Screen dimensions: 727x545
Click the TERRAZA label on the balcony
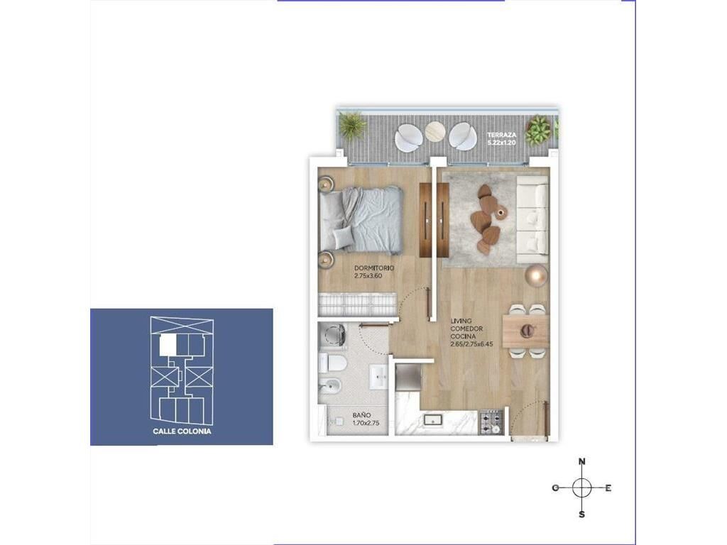[502, 135]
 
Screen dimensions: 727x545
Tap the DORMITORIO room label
[374, 268]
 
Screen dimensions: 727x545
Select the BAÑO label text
[361, 416]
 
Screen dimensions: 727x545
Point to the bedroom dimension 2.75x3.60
[368, 276]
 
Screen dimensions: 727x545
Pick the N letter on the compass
[582, 461]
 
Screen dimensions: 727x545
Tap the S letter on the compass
[582, 514]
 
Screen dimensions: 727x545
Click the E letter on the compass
[608, 488]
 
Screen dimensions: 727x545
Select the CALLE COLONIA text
[182, 431]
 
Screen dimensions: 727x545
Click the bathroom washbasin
[379, 377]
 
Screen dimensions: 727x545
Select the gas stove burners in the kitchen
[491, 422]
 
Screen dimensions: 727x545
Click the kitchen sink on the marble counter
[433, 420]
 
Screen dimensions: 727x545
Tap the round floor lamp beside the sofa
[537, 276]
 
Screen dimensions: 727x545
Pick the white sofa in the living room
[532, 220]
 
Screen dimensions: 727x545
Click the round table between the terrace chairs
[435, 131]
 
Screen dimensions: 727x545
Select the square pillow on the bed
[343, 238]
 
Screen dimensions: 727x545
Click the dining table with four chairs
[526, 331]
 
